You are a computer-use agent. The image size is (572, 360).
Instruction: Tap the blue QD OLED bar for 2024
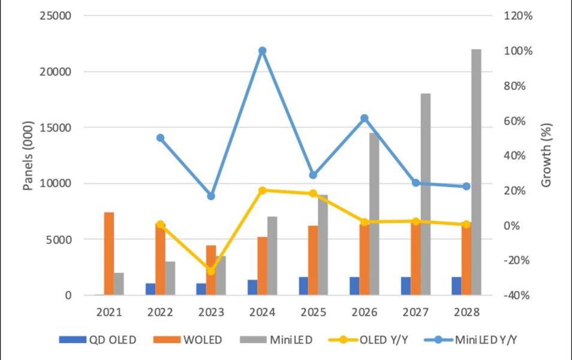click(x=252, y=287)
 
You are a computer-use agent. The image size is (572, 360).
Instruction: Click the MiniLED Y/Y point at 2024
click(x=262, y=51)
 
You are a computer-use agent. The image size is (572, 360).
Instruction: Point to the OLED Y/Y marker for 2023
click(x=211, y=271)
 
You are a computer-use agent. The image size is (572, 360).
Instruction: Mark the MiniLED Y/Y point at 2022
click(x=160, y=138)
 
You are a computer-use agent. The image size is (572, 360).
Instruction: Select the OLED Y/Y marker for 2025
click(x=313, y=193)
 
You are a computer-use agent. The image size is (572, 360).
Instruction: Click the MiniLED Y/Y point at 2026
click(x=364, y=118)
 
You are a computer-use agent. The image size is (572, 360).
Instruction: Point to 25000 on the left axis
click(x=55, y=16)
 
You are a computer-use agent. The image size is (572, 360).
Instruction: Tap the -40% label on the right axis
click(x=517, y=295)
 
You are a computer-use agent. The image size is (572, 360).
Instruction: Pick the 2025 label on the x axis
click(x=313, y=312)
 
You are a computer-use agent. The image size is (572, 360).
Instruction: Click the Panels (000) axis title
click(x=28, y=155)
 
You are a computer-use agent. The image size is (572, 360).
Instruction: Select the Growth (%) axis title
click(x=546, y=155)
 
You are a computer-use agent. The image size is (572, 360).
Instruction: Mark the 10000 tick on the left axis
click(x=55, y=184)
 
